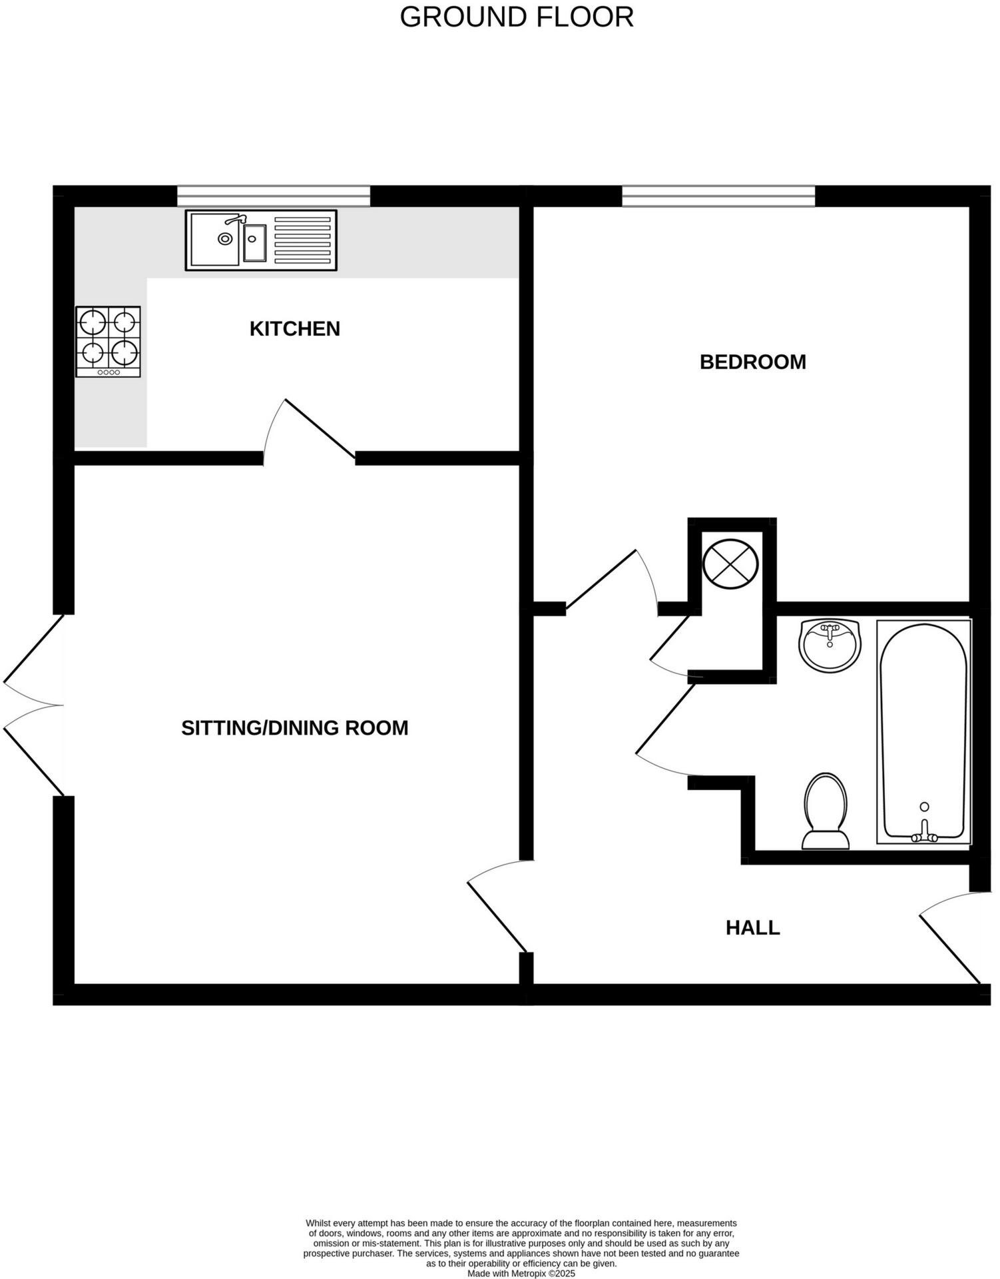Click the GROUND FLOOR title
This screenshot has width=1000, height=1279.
(x=516, y=17)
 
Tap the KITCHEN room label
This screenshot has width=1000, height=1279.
(x=294, y=328)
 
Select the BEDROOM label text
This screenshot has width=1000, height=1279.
(x=752, y=362)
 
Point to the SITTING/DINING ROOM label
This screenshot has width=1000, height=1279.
(x=294, y=727)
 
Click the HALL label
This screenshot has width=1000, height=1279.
(x=752, y=927)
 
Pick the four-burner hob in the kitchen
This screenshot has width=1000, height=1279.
(x=108, y=340)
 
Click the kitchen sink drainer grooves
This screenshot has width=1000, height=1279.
(x=302, y=240)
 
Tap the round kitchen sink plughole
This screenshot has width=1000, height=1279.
(x=226, y=238)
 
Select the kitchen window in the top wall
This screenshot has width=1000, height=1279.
(x=273, y=196)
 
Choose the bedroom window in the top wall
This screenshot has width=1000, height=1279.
(x=718, y=196)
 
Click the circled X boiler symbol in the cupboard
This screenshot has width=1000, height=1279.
(x=730, y=564)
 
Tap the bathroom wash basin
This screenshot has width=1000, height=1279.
(x=829, y=643)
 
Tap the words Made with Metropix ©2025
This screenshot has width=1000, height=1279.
(x=521, y=1273)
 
